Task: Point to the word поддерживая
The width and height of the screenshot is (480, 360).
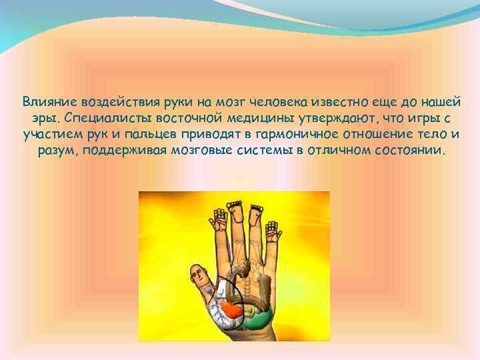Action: point(122,151)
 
